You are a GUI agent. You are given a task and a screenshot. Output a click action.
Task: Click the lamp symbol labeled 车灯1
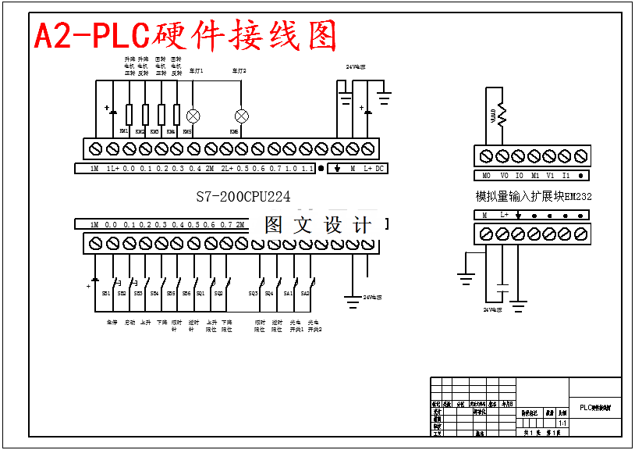(193, 116)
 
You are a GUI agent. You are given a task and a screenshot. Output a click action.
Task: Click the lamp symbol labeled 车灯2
(242, 116)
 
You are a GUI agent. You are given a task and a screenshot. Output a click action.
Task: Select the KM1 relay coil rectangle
(129, 115)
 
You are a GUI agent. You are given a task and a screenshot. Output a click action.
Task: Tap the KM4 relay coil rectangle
(177, 115)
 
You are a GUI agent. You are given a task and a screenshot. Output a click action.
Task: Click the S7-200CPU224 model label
(243, 198)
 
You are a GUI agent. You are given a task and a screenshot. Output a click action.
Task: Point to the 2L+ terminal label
(225, 169)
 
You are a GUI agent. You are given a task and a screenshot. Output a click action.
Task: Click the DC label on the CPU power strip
(380, 169)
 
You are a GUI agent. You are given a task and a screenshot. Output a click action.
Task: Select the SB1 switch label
(106, 293)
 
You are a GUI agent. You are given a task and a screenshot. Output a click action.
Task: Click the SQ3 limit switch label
(254, 293)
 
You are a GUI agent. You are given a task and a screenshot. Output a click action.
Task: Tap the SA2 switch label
(305, 293)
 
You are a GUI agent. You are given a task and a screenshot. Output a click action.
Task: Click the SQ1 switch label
(200, 293)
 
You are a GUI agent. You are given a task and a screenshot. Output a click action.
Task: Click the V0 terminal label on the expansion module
(504, 176)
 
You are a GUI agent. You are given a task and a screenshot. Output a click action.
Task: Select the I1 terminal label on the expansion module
(566, 176)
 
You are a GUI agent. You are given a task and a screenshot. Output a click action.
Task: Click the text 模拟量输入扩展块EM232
(534, 197)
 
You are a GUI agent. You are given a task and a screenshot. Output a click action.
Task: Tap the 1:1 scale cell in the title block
(562, 423)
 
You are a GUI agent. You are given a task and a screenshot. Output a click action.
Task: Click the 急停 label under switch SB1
(111, 322)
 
